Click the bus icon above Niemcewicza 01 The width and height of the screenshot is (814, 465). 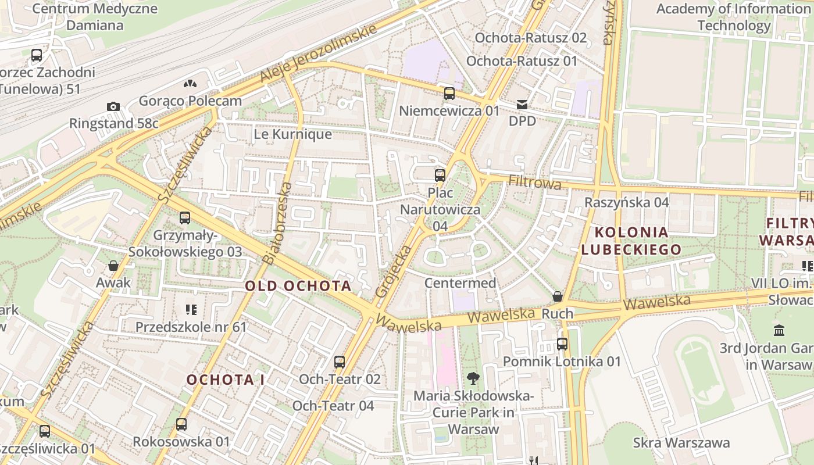tap(449, 93)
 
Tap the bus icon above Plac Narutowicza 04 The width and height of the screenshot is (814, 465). tap(440, 175)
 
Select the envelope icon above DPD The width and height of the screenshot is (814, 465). tap(522, 105)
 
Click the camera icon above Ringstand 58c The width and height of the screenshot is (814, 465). tap(113, 106)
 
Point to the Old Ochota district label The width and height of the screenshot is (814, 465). tap(298, 286)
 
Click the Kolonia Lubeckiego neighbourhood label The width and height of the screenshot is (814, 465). tap(631, 241)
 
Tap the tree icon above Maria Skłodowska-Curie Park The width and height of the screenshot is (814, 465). tap(473, 379)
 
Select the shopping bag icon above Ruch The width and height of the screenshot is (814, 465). tap(558, 296)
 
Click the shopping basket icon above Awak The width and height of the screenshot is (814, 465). tap(113, 266)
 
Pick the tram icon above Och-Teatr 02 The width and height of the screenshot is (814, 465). tap(340, 362)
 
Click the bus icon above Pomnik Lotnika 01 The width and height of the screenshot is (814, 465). tap(562, 344)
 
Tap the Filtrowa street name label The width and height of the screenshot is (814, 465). tap(534, 183)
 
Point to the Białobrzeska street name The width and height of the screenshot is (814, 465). tap(277, 224)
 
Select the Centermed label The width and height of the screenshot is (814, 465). tap(460, 283)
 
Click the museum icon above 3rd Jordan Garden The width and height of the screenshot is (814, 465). tap(779, 331)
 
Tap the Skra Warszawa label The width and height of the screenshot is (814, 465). tap(681, 442)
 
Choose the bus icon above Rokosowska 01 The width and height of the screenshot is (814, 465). tap(181, 424)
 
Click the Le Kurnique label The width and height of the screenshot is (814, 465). tap(292, 134)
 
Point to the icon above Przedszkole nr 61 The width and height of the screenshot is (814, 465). tap(191, 310)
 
